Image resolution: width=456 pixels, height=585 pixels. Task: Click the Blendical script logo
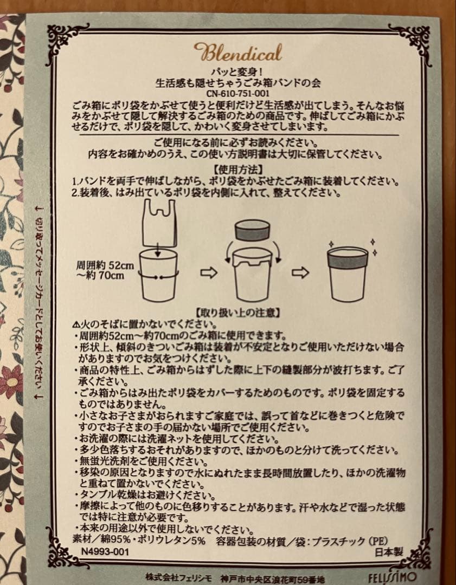point(237,52)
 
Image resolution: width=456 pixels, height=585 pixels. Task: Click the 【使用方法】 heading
point(237,170)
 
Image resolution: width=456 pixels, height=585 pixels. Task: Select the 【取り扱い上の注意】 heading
point(237,312)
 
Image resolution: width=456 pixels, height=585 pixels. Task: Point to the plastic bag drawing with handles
point(159,223)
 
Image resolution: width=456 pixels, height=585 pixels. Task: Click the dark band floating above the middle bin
point(252,230)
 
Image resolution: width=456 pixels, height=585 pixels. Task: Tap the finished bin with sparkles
point(348,274)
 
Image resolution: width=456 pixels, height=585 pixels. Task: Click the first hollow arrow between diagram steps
point(208,272)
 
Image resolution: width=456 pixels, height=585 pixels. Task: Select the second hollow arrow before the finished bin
point(300,272)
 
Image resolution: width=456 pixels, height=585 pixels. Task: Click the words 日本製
point(389,552)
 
